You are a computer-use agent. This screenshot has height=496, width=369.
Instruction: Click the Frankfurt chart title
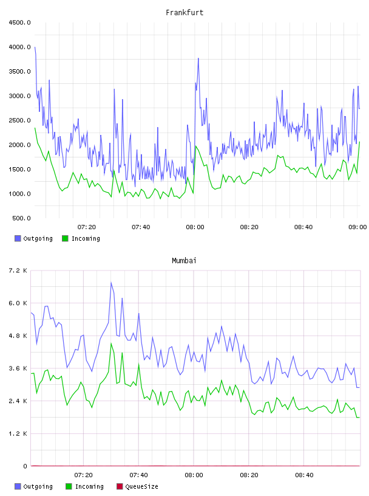184,12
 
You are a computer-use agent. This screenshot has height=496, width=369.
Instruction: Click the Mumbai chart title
184,260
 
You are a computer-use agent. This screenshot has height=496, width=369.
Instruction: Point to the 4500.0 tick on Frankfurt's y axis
19,22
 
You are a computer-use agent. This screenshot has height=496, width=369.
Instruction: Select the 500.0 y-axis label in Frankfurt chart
21,218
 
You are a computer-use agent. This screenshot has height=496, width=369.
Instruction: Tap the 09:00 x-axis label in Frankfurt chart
357,227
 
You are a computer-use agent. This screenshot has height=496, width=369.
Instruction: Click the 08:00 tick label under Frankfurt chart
195,227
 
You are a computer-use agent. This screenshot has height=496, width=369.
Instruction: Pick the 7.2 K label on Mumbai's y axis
18,270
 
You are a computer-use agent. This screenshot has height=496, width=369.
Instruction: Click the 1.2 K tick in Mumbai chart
18,433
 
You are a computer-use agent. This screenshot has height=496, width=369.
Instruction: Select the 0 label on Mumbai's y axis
25,466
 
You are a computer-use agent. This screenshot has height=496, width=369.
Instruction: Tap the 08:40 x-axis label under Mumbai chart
304,475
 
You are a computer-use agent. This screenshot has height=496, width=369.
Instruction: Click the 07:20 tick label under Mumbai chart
83,475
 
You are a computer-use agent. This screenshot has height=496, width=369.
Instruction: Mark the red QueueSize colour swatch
120,486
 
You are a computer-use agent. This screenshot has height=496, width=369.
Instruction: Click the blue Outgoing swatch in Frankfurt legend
18,238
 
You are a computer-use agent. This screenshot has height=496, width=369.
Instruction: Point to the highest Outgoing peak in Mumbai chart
111,283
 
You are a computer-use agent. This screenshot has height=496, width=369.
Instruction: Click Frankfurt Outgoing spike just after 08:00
198,58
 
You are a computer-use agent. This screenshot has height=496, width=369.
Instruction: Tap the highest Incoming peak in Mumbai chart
111,343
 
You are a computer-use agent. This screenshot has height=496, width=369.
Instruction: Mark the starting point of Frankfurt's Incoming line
35,128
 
